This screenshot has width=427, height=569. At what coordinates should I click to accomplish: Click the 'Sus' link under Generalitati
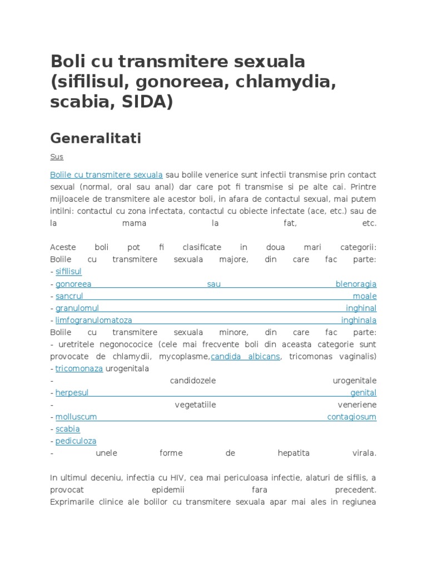click(x=57, y=157)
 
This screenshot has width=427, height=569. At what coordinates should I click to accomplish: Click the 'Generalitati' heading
click(x=95, y=138)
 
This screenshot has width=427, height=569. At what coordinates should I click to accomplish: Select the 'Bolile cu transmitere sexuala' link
click(x=106, y=175)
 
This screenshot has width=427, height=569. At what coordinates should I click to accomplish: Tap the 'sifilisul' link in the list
click(x=68, y=272)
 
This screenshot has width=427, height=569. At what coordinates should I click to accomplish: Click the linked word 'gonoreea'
click(x=73, y=284)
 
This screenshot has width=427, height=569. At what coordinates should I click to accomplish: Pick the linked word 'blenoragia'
click(x=356, y=284)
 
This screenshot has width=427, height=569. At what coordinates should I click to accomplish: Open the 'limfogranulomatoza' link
click(x=93, y=321)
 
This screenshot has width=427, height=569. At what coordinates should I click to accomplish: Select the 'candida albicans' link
click(x=245, y=357)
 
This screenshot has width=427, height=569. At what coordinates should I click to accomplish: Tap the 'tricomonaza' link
click(x=79, y=369)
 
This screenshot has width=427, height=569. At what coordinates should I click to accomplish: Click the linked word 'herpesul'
click(x=72, y=393)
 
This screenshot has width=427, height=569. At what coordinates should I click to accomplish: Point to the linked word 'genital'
click(x=363, y=393)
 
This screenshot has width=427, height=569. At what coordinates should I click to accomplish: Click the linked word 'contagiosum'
click(x=351, y=417)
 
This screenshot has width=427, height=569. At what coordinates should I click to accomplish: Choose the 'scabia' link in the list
click(x=67, y=430)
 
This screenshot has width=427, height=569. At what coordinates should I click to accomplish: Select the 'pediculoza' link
click(x=76, y=441)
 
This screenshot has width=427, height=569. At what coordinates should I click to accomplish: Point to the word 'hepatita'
click(x=293, y=453)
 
